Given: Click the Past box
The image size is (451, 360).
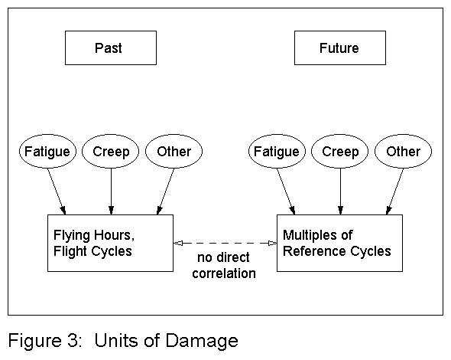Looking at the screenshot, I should pos(111,48).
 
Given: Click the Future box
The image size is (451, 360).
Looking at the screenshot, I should pos(339,48).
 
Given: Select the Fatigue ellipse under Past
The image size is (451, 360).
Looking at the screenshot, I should pos(46,152).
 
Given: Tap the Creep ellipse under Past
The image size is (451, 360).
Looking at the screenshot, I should pos(111,152).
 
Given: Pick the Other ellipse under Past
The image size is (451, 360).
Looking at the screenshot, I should pos(174,152).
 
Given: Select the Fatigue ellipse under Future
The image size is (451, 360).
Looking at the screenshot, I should pos(276,152).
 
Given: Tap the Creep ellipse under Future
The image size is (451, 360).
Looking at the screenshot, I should pos(340,152).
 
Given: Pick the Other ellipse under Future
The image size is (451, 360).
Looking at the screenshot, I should pos(403,152).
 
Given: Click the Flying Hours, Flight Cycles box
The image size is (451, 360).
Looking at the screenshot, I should pos(110,243).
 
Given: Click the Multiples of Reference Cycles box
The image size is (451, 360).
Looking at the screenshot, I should pos(339,243).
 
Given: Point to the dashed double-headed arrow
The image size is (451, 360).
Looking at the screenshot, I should pos(225,243).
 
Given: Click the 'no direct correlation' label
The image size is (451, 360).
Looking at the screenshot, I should pos(225,266).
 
